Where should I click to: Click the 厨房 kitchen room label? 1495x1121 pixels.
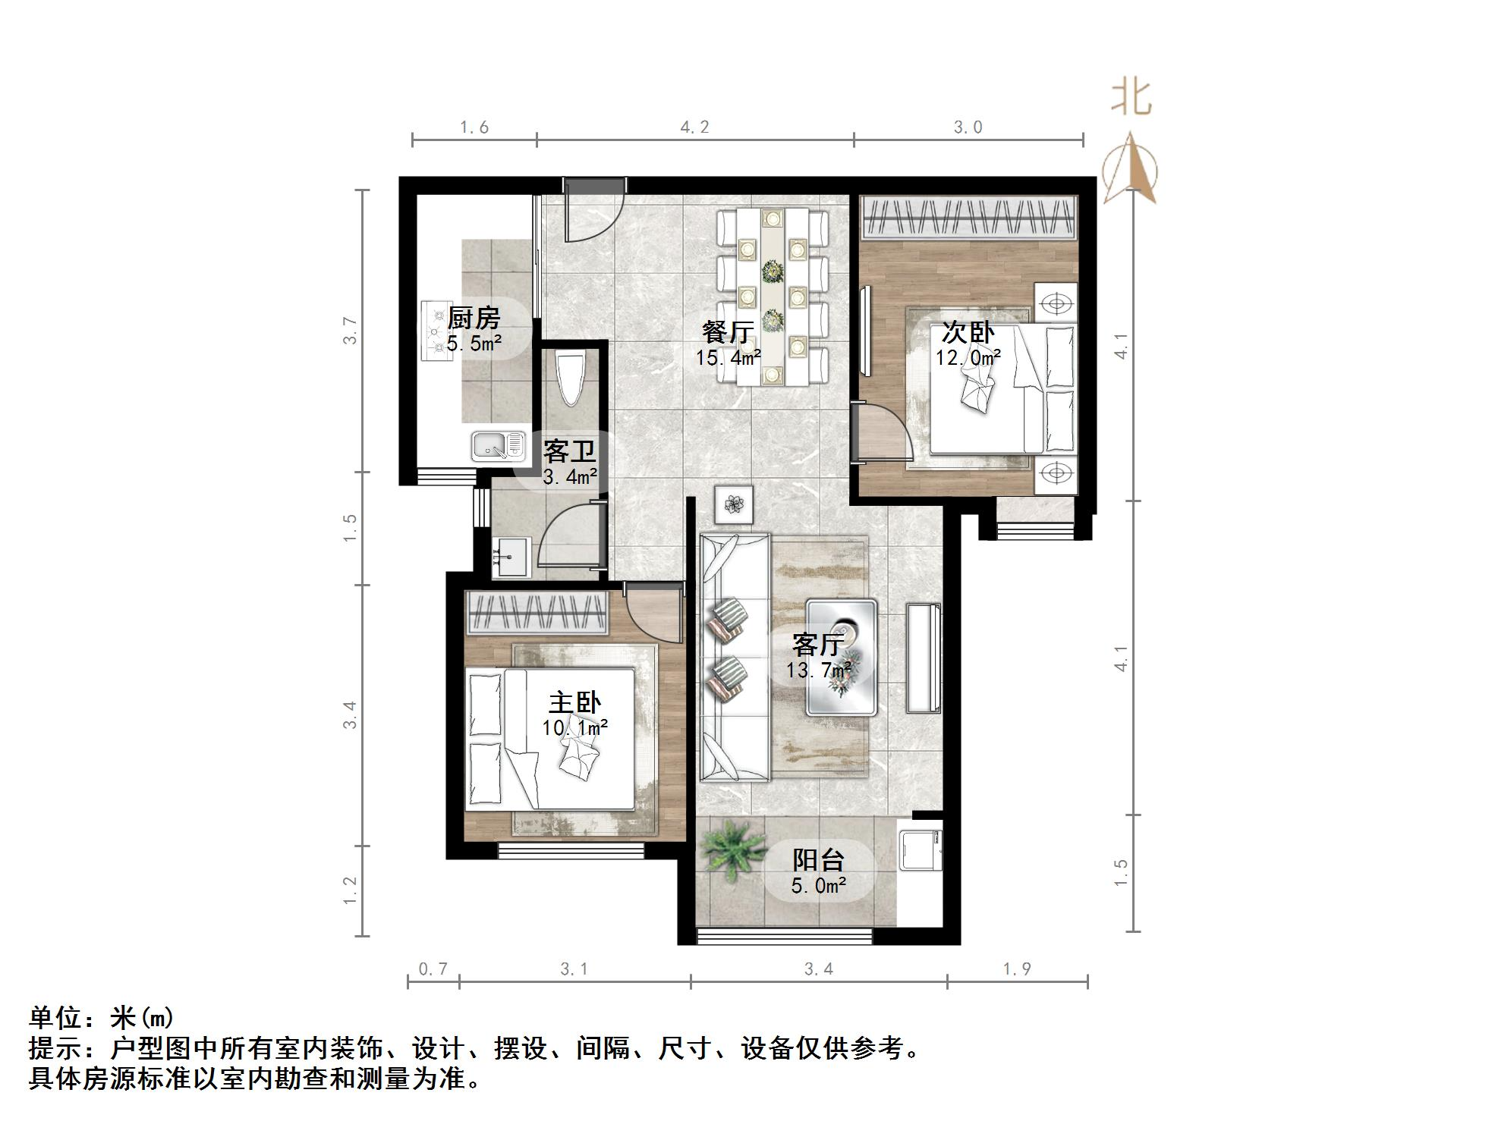474,318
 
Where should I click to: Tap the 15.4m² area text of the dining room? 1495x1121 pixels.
729,356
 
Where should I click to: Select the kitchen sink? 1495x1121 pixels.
499,446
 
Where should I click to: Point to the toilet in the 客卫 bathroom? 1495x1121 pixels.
570,379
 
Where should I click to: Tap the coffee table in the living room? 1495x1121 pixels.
842,657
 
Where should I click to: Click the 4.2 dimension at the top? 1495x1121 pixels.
694,127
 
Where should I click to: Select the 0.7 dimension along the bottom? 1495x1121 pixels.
433,969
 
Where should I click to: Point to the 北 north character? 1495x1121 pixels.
1131,99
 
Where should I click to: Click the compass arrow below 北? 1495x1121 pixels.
1131,171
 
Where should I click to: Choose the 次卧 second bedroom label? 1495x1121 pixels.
968,332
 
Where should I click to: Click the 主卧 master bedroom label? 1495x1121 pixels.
574,702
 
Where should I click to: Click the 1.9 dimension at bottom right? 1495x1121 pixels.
1017,969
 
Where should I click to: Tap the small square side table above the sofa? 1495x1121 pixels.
734,504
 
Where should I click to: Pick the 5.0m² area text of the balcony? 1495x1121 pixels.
819,885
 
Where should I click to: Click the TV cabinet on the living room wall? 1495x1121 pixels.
924,658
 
